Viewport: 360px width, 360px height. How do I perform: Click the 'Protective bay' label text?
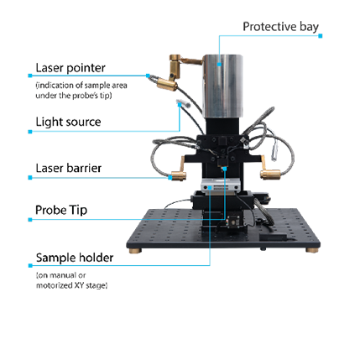tap(280, 27)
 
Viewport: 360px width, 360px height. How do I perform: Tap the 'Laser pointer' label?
tap(70, 68)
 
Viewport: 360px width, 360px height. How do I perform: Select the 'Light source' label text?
tap(68, 122)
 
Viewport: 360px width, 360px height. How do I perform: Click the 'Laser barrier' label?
tap(69, 168)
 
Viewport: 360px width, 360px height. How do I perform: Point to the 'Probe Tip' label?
tap(61, 210)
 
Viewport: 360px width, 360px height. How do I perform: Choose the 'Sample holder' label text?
tap(75, 258)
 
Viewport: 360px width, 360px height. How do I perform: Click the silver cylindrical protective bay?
tap(222, 86)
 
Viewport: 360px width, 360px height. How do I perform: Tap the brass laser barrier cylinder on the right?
tap(270, 175)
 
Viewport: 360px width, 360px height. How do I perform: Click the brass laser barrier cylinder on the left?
tap(179, 175)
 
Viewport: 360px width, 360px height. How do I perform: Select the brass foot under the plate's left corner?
tap(135, 251)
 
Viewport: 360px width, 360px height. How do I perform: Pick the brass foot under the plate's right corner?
tap(311, 250)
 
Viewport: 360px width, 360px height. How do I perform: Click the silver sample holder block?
tap(221, 185)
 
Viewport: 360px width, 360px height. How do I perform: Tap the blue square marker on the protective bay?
tap(219, 65)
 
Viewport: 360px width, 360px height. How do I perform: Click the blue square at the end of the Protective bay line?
tap(321, 36)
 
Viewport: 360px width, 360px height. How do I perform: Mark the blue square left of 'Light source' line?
tap(30, 132)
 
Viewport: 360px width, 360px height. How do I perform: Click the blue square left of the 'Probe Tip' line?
tap(30, 220)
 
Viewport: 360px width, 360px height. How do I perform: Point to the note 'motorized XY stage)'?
tap(72, 285)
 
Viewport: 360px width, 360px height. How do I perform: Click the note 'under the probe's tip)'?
tap(74, 96)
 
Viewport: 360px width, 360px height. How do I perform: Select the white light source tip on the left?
tap(183, 103)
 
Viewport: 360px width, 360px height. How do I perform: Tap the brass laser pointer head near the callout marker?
tap(167, 85)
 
